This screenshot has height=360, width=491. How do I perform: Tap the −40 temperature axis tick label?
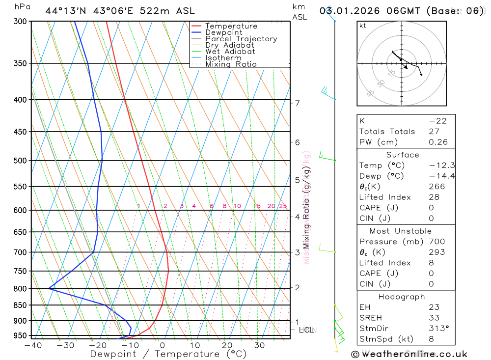[x=32, y=345]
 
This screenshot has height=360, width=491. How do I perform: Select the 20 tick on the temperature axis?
[x=227, y=345]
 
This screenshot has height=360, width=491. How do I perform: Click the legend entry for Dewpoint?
[x=223, y=32]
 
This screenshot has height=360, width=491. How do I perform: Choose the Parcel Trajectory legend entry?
[x=241, y=39]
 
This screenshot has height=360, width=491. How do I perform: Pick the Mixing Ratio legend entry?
[x=231, y=64]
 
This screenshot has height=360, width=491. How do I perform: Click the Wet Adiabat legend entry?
[x=230, y=51]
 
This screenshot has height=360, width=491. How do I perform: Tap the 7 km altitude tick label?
[x=297, y=103]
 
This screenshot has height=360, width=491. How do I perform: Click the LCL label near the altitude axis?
[x=306, y=330]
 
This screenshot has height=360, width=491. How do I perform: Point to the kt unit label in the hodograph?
[x=363, y=26]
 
